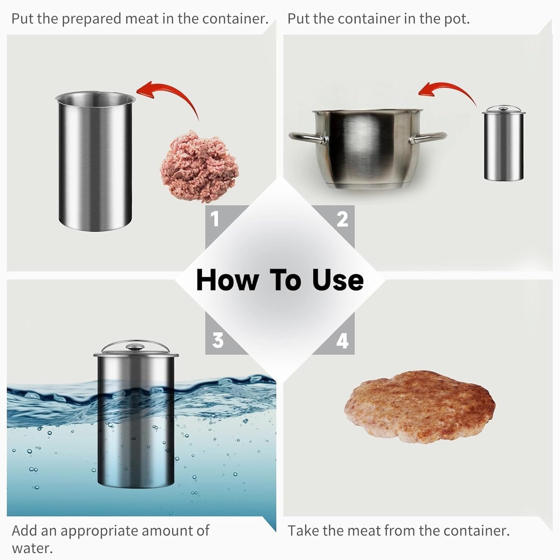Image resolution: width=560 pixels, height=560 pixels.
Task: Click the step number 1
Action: [215, 219]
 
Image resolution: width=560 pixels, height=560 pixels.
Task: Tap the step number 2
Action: [342, 219]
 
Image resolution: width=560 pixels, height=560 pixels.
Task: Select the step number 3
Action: [218, 340]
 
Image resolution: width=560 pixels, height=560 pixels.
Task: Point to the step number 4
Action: [342, 340]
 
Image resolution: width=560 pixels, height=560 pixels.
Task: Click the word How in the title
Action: [227, 280]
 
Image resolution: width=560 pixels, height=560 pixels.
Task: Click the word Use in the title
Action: [338, 280]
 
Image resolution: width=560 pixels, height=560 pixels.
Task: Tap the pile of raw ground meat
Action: [199, 166]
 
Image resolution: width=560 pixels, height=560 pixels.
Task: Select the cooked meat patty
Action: [420, 407]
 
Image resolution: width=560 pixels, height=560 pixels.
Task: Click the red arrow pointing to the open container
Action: [175, 91]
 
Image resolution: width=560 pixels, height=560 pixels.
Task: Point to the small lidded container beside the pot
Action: [504, 144]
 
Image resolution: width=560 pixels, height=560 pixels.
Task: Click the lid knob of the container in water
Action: [135, 348]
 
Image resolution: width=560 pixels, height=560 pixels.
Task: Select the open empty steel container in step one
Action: [95, 161]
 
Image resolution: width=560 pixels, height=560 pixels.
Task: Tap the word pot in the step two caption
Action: [457, 19]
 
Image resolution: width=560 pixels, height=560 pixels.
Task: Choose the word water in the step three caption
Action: [32, 548]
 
